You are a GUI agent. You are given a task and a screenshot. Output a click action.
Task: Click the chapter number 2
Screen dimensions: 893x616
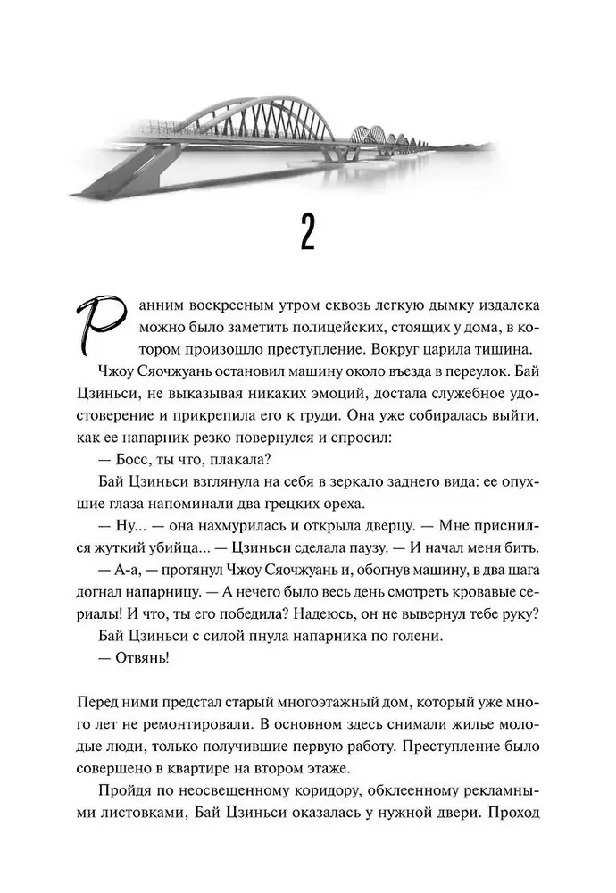[x=307, y=236]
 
